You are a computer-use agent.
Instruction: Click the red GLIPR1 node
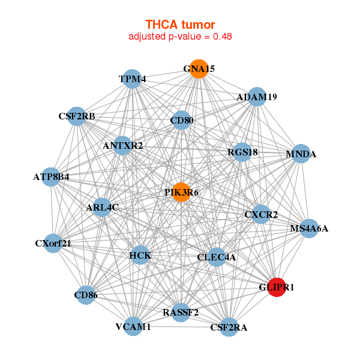click(x=277, y=287)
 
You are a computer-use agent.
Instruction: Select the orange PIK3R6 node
click(x=181, y=192)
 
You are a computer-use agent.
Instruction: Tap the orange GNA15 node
click(x=199, y=69)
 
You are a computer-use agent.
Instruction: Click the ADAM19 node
click(x=257, y=97)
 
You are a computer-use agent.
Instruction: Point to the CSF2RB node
click(x=77, y=116)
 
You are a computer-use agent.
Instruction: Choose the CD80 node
click(x=181, y=120)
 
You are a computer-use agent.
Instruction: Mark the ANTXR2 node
click(x=122, y=145)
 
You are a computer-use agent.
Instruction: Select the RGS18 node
click(x=242, y=152)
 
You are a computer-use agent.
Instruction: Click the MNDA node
click(x=301, y=154)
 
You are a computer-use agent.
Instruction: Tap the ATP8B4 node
click(x=52, y=177)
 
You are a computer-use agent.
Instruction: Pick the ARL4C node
click(x=103, y=208)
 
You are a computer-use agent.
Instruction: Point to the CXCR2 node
click(x=261, y=214)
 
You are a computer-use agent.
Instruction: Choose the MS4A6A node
click(x=309, y=228)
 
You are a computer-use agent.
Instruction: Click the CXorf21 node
click(x=53, y=243)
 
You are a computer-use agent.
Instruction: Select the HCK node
click(x=140, y=256)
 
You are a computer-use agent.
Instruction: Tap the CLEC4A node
click(x=217, y=257)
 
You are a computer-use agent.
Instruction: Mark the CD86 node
click(x=86, y=295)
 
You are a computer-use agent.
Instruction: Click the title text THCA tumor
click(x=180, y=25)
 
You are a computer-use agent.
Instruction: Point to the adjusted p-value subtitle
click(x=180, y=36)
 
